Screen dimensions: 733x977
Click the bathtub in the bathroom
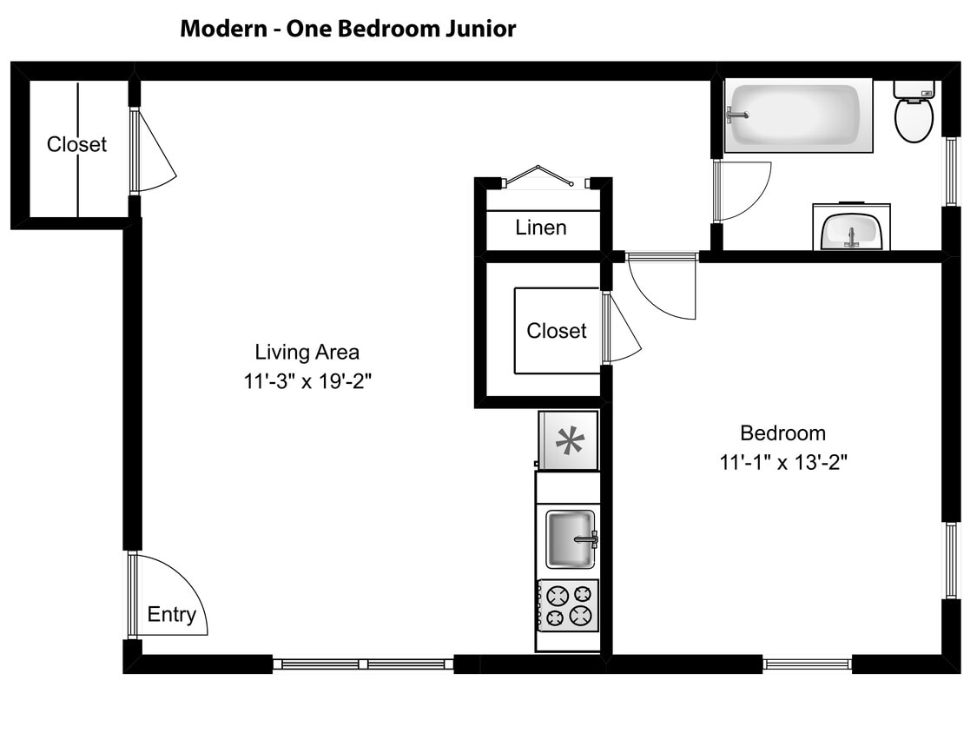pyautogui.click(x=798, y=116)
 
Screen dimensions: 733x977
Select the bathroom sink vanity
pyautogui.click(x=851, y=228)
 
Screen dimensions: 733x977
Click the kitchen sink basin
pyautogui.click(x=571, y=539)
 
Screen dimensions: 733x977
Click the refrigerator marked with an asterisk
pyautogui.click(x=569, y=440)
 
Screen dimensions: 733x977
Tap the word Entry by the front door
pyautogui.click(x=171, y=615)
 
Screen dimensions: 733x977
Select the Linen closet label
pyautogui.click(x=541, y=228)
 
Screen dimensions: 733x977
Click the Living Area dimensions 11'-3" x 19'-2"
pyautogui.click(x=307, y=382)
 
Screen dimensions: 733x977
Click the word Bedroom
pyautogui.click(x=782, y=433)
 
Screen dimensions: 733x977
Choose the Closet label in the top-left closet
pyautogui.click(x=76, y=145)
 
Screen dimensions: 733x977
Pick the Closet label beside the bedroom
pyautogui.click(x=557, y=331)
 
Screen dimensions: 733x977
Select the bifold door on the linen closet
pyautogui.click(x=539, y=176)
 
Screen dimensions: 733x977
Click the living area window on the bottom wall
pyautogui.click(x=363, y=664)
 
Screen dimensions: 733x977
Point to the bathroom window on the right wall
pyautogui.click(x=952, y=171)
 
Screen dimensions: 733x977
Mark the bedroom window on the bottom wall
pyautogui.click(x=807, y=664)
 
